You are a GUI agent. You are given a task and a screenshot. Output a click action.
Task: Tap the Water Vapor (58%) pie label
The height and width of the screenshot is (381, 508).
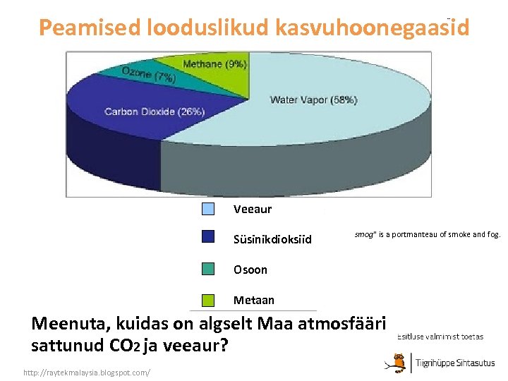coord(313,100)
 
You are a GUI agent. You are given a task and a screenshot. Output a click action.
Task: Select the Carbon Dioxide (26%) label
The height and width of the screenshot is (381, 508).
coord(155,111)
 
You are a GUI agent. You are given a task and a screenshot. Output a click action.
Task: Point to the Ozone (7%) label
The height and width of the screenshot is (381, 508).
coord(148,75)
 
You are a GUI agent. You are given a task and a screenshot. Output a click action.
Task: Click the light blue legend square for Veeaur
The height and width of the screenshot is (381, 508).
coord(208,209)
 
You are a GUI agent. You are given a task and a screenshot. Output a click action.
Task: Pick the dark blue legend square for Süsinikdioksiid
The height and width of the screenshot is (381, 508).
coord(208,237)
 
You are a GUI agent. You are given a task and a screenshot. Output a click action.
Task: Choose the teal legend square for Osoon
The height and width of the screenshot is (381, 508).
coord(208,269)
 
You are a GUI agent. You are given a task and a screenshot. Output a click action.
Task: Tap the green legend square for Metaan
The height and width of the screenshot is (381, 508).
coord(208,300)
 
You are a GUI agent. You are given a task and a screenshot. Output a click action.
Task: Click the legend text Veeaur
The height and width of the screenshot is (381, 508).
coord(252,210)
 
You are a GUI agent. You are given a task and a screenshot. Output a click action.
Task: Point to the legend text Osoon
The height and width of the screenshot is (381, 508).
coord(250,270)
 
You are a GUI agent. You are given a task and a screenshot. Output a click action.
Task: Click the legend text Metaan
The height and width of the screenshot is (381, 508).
coord(254,301)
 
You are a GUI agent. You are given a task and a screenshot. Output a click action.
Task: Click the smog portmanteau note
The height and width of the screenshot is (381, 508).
coord(427,234)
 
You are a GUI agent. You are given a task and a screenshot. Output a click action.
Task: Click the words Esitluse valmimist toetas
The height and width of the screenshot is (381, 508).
coord(440,337)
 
